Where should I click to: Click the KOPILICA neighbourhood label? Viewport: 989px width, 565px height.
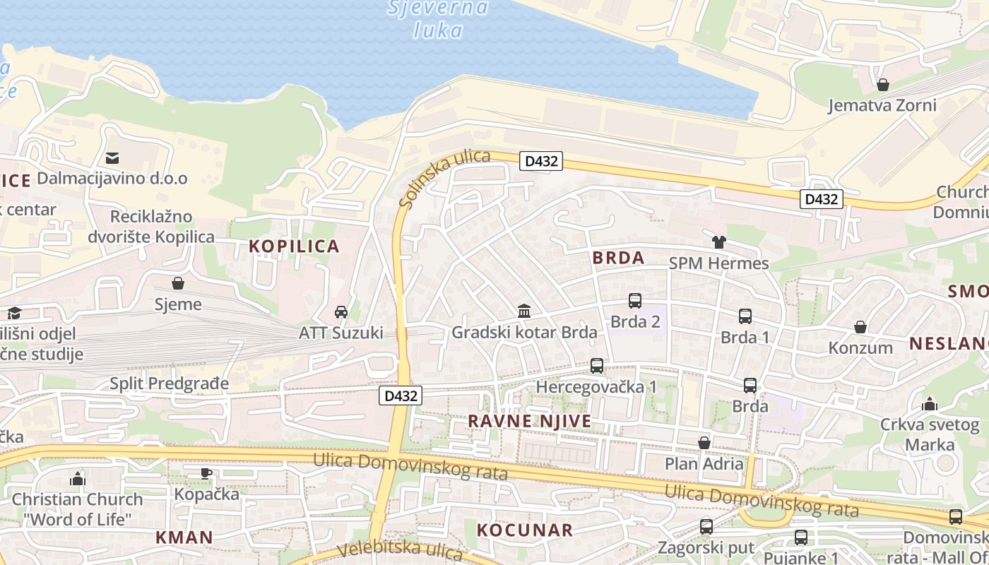(294, 246)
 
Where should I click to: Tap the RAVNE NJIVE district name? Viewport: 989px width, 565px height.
(530, 422)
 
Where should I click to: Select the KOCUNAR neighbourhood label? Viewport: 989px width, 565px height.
(525, 530)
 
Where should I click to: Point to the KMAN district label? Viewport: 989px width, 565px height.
(184, 537)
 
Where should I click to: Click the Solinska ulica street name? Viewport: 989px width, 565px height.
(444, 179)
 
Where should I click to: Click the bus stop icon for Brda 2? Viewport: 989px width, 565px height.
(635, 301)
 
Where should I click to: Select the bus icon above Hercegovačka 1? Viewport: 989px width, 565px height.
(597, 366)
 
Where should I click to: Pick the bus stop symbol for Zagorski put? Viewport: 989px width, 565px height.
(706, 527)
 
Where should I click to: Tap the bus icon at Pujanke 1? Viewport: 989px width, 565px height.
(800, 537)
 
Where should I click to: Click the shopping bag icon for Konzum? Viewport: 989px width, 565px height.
(860, 327)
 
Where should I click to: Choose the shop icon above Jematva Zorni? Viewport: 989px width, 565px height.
(882, 85)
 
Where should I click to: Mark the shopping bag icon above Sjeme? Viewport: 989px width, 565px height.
(178, 283)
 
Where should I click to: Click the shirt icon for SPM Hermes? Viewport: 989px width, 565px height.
(719, 242)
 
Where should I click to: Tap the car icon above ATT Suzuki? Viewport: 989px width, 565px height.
(341, 311)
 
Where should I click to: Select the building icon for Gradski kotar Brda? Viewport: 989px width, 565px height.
(524, 311)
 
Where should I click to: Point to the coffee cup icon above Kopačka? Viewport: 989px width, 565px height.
(206, 473)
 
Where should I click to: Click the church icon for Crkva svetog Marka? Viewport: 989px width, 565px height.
(930, 404)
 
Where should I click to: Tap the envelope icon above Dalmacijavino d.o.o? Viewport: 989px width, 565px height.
(112, 157)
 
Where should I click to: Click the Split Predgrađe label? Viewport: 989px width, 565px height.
(170, 384)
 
